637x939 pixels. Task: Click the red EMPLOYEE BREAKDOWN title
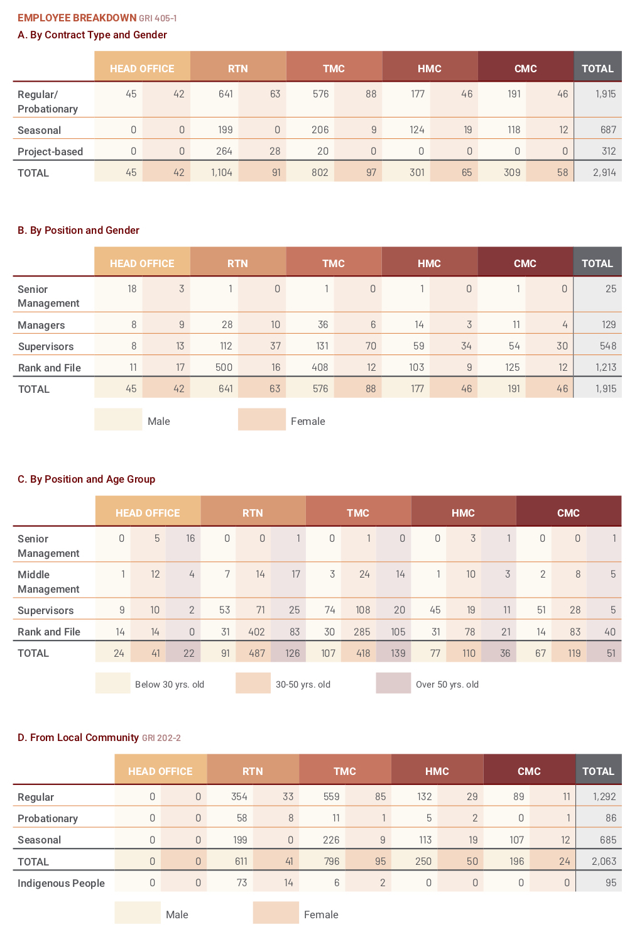pyautogui.click(x=77, y=18)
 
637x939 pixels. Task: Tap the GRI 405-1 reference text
pyautogui.click(x=158, y=18)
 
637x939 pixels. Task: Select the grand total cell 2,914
pyautogui.click(x=604, y=172)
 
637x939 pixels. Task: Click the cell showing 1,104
pyautogui.click(x=221, y=172)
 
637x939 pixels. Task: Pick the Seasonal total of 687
pyautogui.click(x=608, y=129)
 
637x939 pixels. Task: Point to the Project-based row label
pyautogui.click(x=50, y=151)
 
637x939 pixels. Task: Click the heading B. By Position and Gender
pyautogui.click(x=79, y=230)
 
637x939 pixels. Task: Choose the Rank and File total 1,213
pyautogui.click(x=606, y=367)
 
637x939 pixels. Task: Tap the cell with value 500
pyautogui.click(x=224, y=367)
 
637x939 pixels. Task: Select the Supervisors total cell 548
pyautogui.click(x=607, y=346)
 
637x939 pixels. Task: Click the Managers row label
pyautogui.click(x=41, y=325)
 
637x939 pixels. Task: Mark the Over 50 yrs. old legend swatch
pyautogui.click(x=393, y=683)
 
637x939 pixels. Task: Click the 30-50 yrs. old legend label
pyautogui.click(x=303, y=684)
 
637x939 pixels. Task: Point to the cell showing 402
pyautogui.click(x=256, y=632)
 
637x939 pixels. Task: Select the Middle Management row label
pyautogui.click(x=48, y=582)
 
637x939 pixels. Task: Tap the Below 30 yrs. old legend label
pyautogui.click(x=170, y=684)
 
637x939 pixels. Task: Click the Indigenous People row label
pyautogui.click(x=61, y=883)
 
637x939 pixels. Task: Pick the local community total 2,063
pyautogui.click(x=604, y=861)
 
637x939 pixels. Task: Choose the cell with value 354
pyautogui.click(x=239, y=796)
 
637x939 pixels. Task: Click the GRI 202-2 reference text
pyautogui.click(x=161, y=738)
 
